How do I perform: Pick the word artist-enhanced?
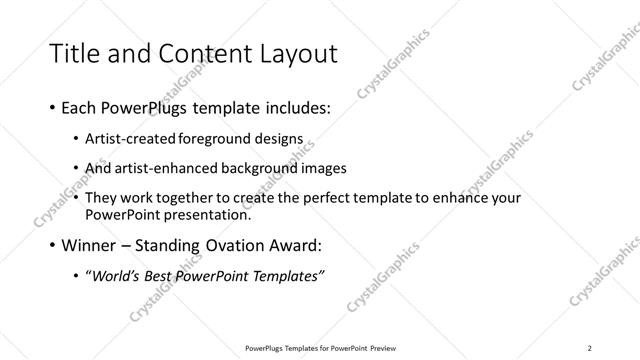coord(159,168)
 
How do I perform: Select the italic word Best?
coord(168,274)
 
